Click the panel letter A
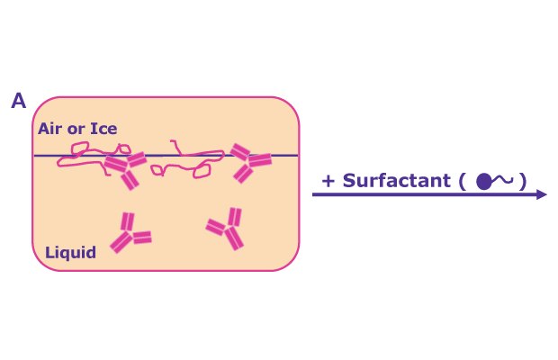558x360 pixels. tap(19, 101)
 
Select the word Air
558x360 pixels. tap(50, 129)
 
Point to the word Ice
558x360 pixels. tap(103, 129)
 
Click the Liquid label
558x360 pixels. tap(70, 253)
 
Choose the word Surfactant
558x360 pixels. tap(396, 180)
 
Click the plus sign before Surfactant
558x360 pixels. tap(328, 181)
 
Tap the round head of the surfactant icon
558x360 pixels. tap(483, 182)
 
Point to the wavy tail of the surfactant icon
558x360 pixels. tap(502, 180)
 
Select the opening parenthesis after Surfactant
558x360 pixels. tap(462, 182)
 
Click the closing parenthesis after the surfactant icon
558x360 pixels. tap(522, 182)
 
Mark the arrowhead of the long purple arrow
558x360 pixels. tap(541, 194)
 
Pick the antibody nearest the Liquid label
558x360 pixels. tap(130, 232)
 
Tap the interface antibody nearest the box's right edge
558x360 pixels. tap(250, 163)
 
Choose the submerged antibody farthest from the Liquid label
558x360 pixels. tap(225, 229)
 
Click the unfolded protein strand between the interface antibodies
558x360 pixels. tap(187, 159)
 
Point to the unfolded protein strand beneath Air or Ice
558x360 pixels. tap(94, 158)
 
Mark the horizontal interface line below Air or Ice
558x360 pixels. tap(166, 156)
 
